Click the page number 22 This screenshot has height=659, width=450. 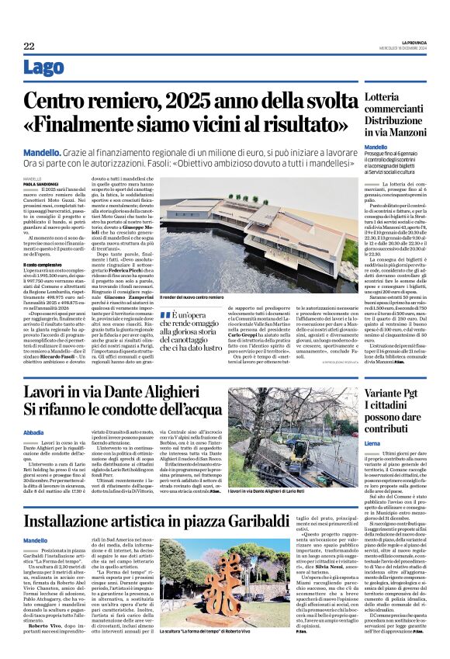pyautogui.click(x=28, y=46)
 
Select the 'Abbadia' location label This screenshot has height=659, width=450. pyautogui.click(x=34, y=433)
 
